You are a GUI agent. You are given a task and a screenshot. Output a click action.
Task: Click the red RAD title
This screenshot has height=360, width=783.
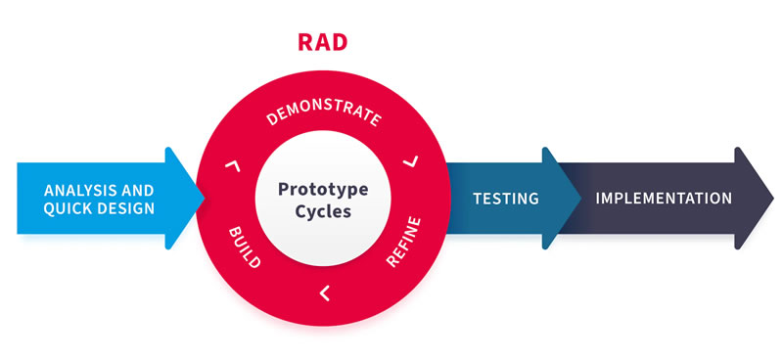tap(322, 42)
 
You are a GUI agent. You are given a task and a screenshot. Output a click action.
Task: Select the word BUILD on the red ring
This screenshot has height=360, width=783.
tap(244, 247)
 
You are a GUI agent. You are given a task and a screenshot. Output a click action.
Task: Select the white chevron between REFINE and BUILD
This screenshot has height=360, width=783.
tap(324, 291)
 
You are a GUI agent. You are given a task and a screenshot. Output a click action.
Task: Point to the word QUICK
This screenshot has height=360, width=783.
tap(67, 208)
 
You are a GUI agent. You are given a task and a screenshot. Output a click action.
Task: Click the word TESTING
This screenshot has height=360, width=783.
tap(506, 199)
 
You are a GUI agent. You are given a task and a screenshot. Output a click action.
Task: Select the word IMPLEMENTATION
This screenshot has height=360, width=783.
tap(664, 198)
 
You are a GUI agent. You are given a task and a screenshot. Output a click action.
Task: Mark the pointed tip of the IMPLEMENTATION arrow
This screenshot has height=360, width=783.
tap(772, 199)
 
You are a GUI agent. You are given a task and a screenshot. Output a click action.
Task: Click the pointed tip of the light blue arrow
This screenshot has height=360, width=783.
tap(204, 198)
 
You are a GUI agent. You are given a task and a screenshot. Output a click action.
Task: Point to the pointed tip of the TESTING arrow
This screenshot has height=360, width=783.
tap(579, 199)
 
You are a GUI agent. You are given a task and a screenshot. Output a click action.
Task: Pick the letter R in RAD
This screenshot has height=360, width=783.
tap(304, 42)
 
